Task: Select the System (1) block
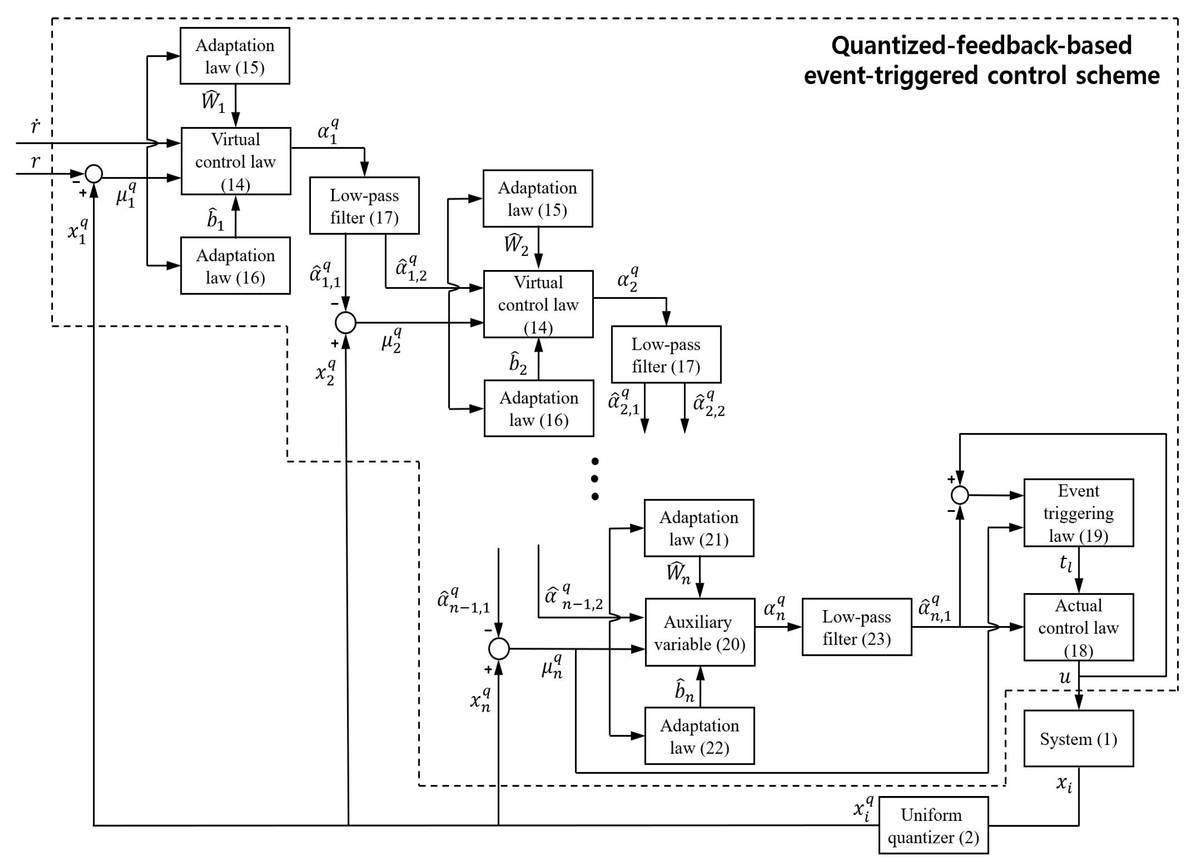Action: tap(1078, 739)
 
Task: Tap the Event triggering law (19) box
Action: tap(1078, 513)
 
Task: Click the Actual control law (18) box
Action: tap(1078, 627)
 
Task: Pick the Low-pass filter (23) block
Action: tap(856, 627)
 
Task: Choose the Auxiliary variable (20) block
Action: tap(699, 632)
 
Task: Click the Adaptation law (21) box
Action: tap(699, 528)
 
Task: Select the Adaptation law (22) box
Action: tap(699, 736)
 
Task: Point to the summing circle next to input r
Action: tap(94, 174)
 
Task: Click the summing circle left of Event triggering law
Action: tap(959, 495)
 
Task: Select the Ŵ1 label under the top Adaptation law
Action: tap(213, 101)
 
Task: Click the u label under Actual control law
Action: tap(1065, 677)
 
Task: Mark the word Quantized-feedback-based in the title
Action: tap(981, 45)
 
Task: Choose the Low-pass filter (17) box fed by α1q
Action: tap(364, 205)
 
